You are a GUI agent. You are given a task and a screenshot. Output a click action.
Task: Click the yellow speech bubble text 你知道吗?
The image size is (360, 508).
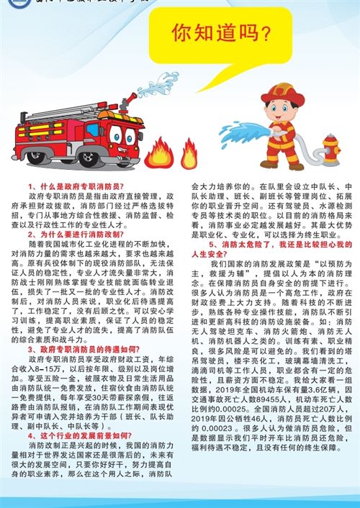221,33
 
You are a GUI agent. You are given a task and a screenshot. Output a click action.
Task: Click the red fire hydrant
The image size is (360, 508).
330,150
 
